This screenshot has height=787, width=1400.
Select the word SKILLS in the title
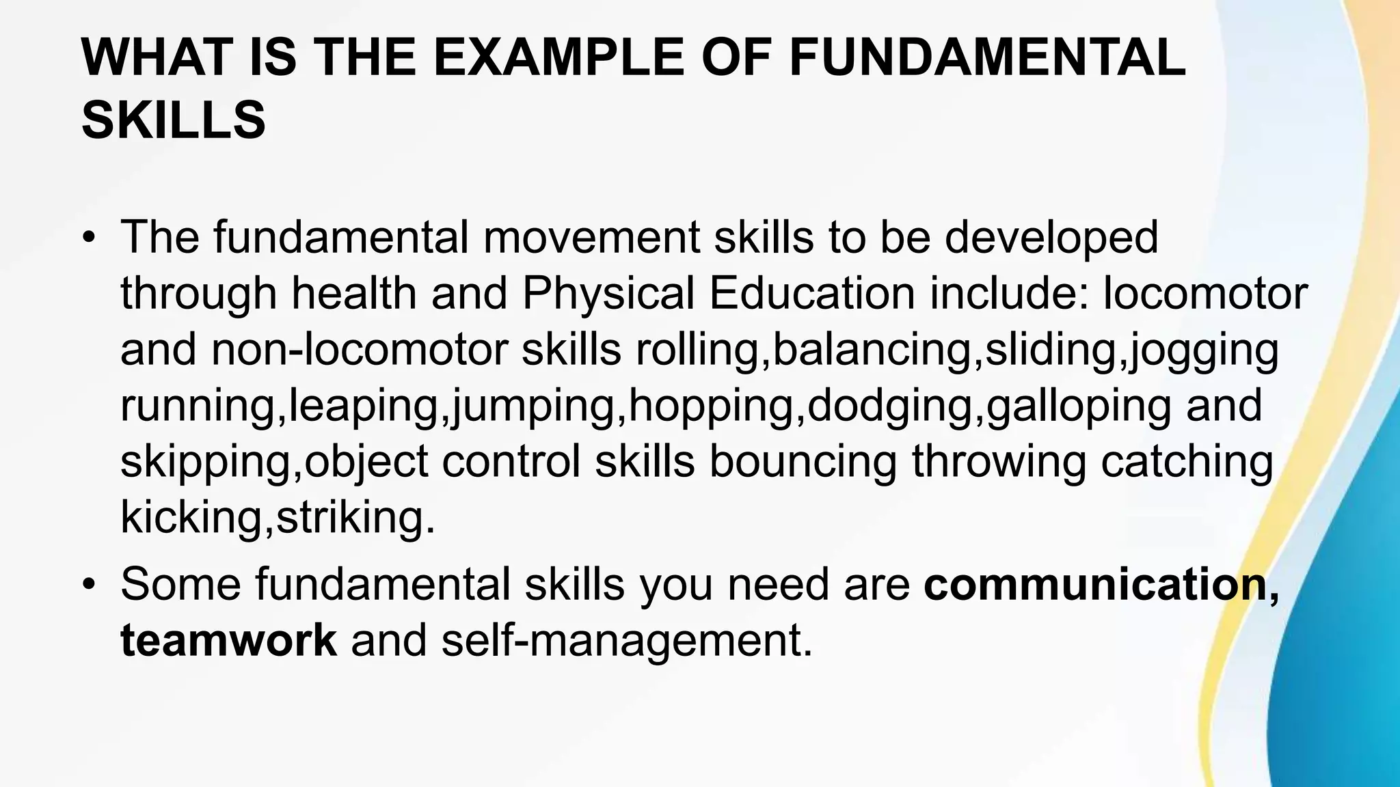tap(174, 120)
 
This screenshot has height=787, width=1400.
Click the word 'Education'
tap(811, 294)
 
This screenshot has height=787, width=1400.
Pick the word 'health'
tap(354, 294)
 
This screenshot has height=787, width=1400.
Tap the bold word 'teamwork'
tap(228, 640)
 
